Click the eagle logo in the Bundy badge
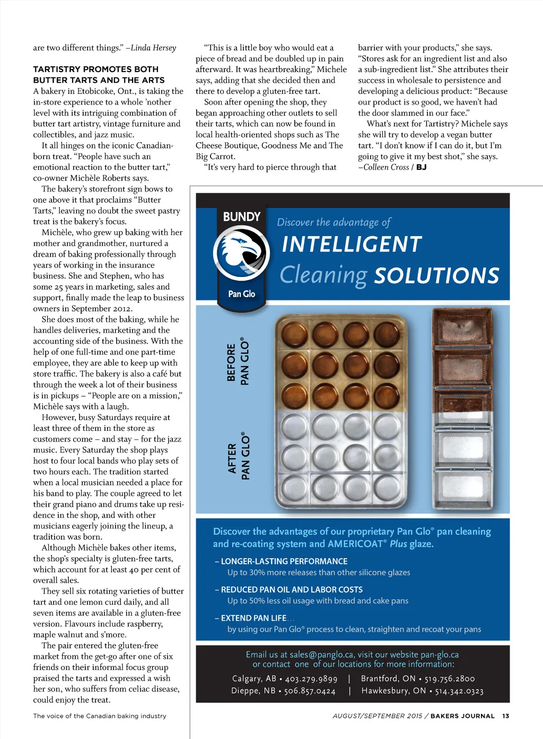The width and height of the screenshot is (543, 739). (x=241, y=253)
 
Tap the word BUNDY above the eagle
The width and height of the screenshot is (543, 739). (x=241, y=216)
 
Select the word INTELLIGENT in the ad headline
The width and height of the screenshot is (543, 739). (x=352, y=245)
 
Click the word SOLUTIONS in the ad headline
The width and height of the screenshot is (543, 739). (x=437, y=275)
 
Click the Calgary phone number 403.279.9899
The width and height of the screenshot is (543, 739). (x=311, y=679)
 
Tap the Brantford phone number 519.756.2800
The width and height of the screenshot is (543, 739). (x=450, y=679)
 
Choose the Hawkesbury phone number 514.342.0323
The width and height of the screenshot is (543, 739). (x=459, y=691)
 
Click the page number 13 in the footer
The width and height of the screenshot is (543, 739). (x=506, y=716)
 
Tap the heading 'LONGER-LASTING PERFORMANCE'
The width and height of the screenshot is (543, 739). (x=284, y=561)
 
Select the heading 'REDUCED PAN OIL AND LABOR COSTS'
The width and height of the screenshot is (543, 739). (x=292, y=589)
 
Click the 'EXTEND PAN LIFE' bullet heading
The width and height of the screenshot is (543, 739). (x=253, y=618)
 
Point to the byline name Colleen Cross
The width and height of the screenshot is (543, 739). (x=386, y=167)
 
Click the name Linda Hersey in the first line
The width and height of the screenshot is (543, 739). (x=153, y=48)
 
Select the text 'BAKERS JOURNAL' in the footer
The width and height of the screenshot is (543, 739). (x=462, y=716)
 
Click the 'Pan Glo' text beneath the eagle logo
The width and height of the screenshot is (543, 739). (x=241, y=294)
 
